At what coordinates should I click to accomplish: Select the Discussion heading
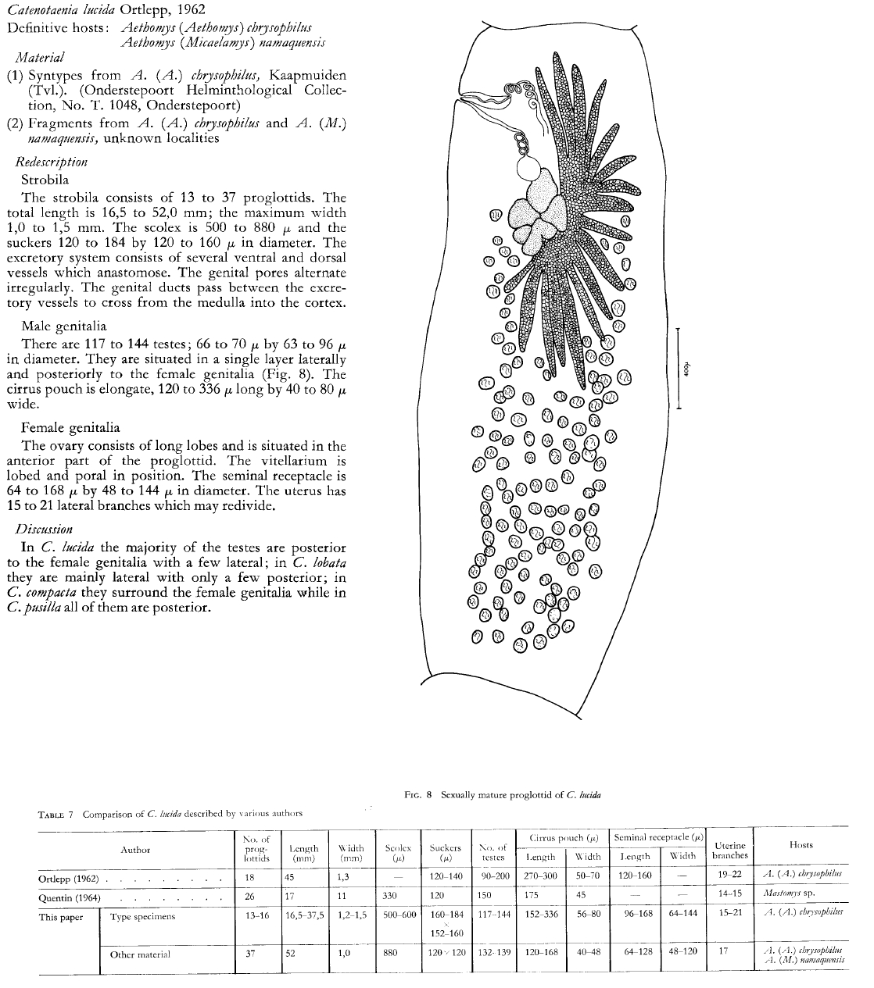click(x=45, y=529)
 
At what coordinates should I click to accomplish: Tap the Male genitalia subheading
click(x=64, y=326)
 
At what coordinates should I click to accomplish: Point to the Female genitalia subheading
click(x=70, y=427)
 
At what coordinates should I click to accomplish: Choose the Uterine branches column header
click(x=729, y=850)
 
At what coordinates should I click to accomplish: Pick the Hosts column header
click(x=801, y=844)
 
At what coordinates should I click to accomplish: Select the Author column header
click(x=135, y=850)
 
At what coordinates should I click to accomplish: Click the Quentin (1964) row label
click(x=70, y=897)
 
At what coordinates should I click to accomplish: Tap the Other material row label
click(x=141, y=954)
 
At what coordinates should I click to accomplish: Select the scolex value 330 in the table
click(x=390, y=896)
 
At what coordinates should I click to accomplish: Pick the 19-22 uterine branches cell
click(x=729, y=876)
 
